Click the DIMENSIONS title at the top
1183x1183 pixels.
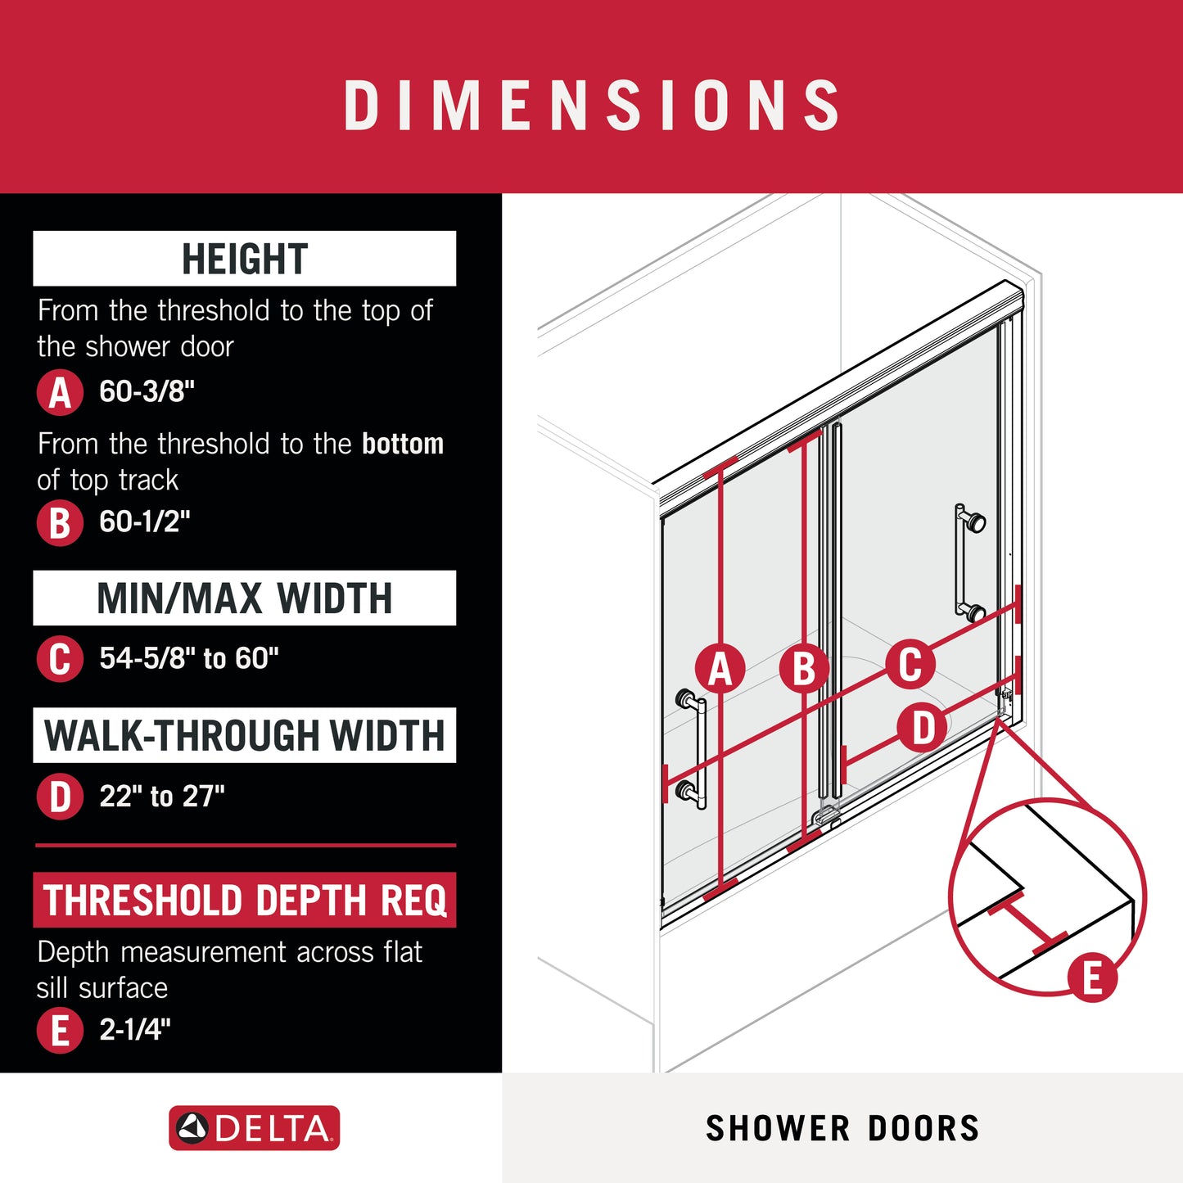coord(591,105)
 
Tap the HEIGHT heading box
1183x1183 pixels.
coord(244,259)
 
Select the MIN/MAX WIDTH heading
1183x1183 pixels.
coord(244,598)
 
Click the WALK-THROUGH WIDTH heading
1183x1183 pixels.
coord(244,735)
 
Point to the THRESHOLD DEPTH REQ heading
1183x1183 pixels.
coord(244,900)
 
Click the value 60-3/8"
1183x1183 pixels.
coord(147,391)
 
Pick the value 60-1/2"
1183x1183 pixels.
coord(145,522)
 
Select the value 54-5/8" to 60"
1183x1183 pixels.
coord(189,658)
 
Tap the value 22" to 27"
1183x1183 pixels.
coord(162,797)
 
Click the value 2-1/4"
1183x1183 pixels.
coord(135,1030)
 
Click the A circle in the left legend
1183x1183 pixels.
coord(60,392)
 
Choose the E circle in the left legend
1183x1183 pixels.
coord(60,1030)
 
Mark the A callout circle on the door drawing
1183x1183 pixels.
coord(720,668)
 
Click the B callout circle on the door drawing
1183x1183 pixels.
coord(804,668)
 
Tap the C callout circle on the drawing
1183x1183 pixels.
coord(910,664)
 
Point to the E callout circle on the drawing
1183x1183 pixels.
coord(1092,978)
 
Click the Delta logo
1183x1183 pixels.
coord(254,1128)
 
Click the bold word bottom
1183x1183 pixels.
coord(403,443)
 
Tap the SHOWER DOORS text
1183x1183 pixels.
coord(842,1128)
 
